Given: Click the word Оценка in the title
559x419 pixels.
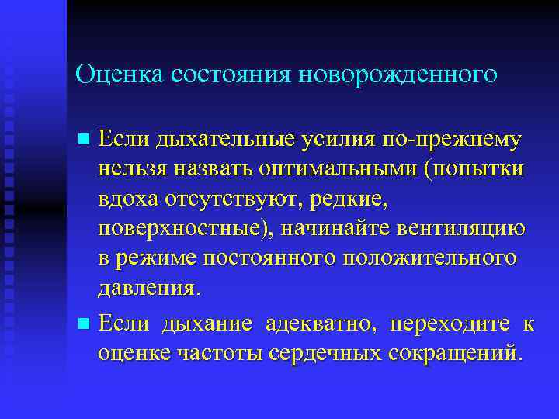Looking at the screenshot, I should click(113, 74).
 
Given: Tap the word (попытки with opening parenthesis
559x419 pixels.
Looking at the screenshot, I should click(477, 168).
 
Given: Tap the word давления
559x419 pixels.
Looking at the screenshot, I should click(148, 289).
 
